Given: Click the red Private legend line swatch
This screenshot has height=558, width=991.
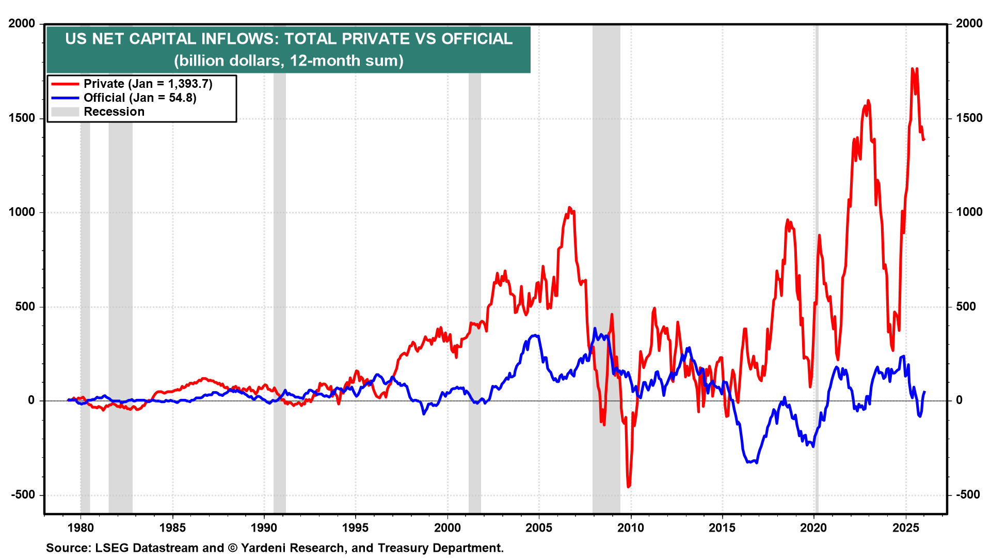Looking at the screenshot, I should click(x=65, y=84).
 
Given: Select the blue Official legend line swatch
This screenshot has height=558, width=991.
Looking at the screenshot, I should click(x=65, y=98).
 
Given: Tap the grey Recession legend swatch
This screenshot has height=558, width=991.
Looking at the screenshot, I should click(x=65, y=112).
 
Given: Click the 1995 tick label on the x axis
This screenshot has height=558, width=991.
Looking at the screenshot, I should click(x=356, y=528).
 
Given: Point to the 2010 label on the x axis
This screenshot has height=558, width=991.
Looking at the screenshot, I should click(x=631, y=528).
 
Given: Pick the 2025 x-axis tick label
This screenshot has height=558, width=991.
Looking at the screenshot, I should click(x=906, y=528).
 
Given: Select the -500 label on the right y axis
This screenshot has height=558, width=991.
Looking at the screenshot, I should click(x=968, y=495).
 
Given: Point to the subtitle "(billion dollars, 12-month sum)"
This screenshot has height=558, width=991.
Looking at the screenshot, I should click(x=289, y=61).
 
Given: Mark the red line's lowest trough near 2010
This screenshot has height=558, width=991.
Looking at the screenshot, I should click(x=628, y=486).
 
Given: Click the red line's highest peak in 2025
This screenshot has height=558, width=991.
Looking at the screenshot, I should click(x=913, y=68).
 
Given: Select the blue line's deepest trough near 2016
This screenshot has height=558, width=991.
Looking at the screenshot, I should click(x=756, y=462).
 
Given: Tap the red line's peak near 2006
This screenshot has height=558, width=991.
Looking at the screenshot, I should click(x=569, y=208).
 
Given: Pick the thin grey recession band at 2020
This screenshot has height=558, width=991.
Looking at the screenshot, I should click(x=817, y=258).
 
